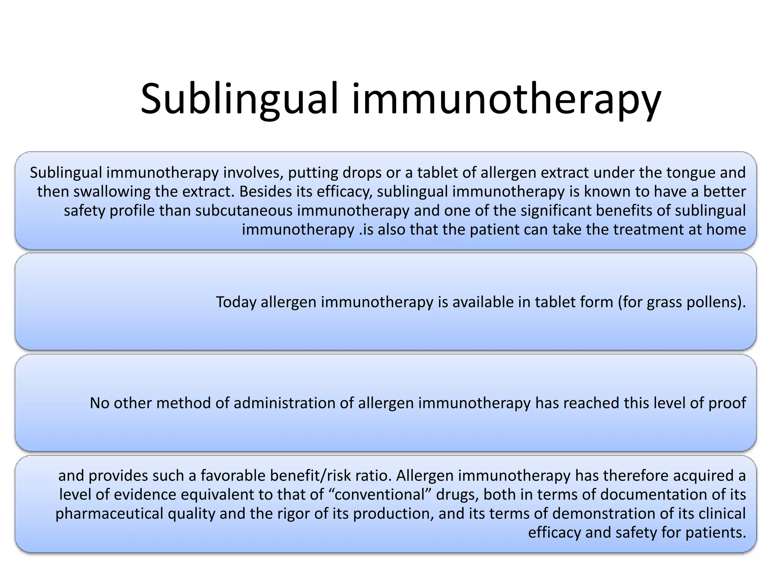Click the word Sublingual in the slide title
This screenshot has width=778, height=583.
coord(239,99)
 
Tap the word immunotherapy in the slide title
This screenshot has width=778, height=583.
coord(506,99)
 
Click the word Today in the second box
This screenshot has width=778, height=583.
coord(236,303)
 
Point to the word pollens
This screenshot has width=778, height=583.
coord(713,303)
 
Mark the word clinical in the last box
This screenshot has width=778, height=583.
coord(722,514)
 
